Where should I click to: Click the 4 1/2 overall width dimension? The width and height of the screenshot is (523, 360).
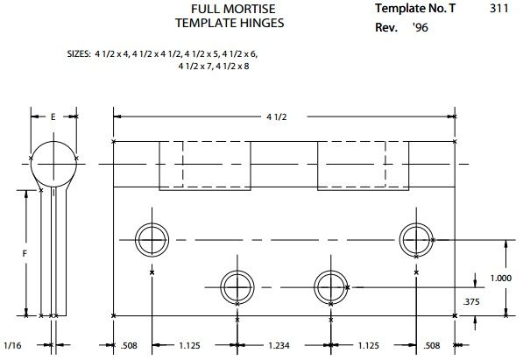277,117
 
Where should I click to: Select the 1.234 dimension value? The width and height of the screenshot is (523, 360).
279,346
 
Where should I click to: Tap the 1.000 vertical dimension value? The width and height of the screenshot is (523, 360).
500,278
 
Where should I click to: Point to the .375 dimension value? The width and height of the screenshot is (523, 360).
471,302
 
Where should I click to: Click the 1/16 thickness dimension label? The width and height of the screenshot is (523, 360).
12,345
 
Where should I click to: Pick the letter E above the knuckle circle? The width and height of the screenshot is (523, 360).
53,116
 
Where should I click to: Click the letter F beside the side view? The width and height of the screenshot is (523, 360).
25,254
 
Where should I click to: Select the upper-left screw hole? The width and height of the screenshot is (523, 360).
152,240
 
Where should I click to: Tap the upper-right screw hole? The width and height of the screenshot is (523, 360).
416,240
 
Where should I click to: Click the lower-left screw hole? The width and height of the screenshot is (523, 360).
237,287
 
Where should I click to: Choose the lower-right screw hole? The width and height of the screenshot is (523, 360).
330,287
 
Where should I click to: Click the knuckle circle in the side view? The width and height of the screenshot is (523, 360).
53,141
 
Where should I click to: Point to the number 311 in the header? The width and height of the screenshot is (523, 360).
499,8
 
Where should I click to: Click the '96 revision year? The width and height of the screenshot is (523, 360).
421,28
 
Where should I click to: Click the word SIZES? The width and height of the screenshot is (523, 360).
78,54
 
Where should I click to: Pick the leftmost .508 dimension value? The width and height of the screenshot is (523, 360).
129,346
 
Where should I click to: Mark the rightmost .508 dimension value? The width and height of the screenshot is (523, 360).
432,346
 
